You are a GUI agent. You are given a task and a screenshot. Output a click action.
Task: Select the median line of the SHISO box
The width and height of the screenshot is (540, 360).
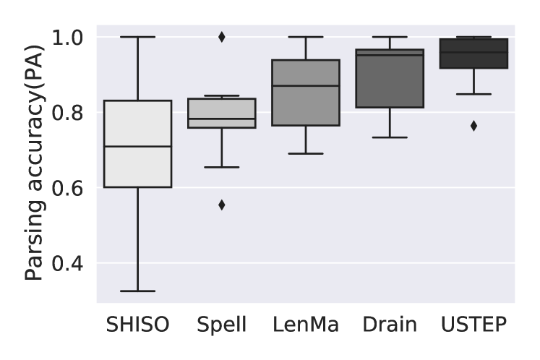click(x=137, y=146)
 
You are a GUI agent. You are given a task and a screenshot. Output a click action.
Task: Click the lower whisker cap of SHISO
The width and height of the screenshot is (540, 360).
click(x=137, y=291)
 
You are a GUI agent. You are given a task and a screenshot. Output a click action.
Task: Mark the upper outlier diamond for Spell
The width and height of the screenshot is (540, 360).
click(x=221, y=37)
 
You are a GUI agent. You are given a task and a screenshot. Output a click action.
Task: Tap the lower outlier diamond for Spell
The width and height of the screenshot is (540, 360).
click(x=221, y=205)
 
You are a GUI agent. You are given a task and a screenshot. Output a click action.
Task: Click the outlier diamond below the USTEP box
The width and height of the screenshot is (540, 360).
click(x=473, y=126)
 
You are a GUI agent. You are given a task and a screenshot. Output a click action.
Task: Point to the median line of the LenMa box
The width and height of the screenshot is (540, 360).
click(x=305, y=86)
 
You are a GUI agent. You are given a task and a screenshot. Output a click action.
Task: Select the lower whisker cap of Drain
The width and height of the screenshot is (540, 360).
click(x=390, y=137)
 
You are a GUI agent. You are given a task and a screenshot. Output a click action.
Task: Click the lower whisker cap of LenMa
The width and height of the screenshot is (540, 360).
click(x=305, y=153)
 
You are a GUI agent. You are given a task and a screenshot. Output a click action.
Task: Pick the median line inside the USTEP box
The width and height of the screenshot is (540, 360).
click(x=473, y=52)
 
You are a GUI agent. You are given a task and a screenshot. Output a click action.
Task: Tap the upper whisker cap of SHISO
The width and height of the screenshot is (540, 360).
click(x=137, y=37)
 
